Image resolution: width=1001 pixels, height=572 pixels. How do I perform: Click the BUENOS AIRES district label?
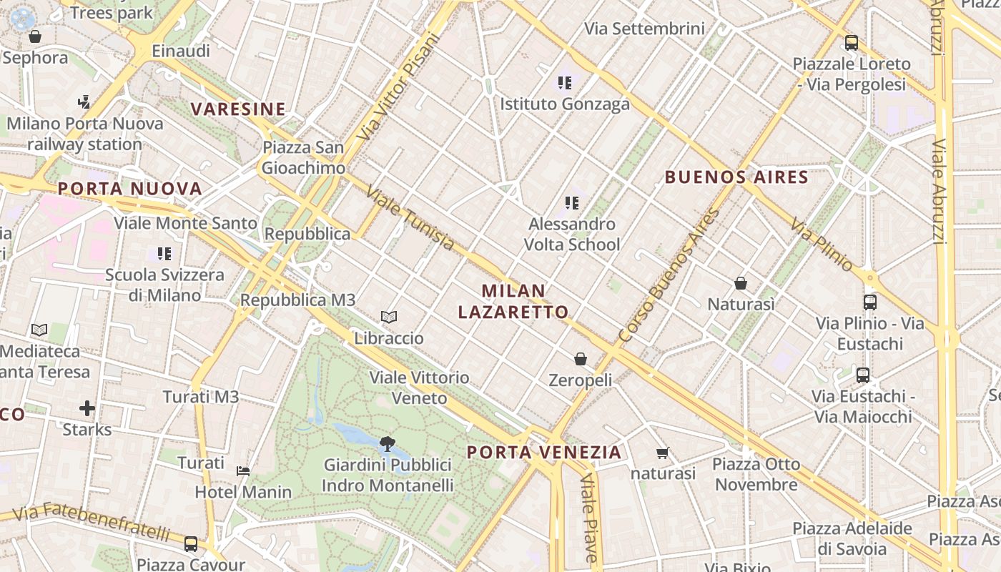point(736,177)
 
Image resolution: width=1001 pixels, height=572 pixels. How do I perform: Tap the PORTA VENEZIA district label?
point(544,452)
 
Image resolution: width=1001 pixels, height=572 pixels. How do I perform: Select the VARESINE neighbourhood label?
point(238,109)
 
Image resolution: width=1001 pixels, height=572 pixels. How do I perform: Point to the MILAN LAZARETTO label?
point(513,301)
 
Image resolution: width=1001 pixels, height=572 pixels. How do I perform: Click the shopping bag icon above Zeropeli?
point(581,358)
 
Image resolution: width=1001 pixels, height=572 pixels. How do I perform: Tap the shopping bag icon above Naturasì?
point(741,283)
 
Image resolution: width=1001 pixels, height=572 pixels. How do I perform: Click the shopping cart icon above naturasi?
point(663,453)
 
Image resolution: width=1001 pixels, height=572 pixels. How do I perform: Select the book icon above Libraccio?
point(389,317)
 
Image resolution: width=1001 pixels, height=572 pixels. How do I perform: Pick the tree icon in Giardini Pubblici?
point(388,444)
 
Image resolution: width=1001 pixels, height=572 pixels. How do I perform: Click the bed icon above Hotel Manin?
point(243,471)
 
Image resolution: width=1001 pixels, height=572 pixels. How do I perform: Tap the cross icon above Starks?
point(87,408)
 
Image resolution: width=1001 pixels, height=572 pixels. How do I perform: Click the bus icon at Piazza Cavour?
point(191,544)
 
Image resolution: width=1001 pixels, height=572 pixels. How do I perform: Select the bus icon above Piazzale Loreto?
point(851,43)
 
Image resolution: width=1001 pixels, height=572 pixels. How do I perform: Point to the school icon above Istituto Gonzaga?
point(565,83)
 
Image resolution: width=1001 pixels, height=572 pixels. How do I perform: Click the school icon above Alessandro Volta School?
point(571,203)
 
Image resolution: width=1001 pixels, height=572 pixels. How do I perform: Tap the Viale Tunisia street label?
point(409,219)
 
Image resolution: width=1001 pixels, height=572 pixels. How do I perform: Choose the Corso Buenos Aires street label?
point(669,275)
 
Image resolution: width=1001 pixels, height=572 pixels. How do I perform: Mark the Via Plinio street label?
point(822,245)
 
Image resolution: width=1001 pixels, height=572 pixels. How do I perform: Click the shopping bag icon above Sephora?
point(34,36)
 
